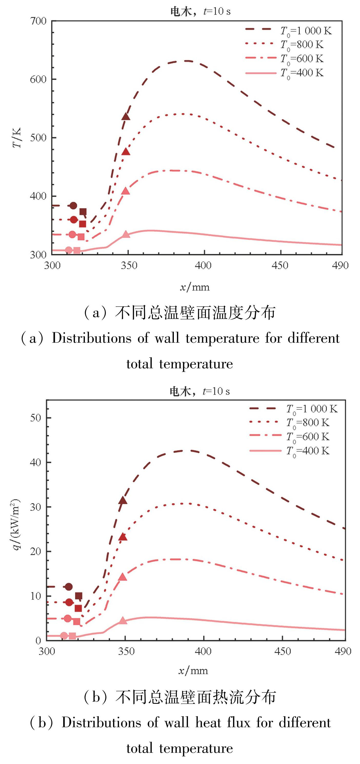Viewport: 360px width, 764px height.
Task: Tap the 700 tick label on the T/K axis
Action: point(38,21)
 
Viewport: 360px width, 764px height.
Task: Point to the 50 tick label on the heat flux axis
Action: point(35,418)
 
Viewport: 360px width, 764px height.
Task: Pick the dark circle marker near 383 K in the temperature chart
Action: point(73,206)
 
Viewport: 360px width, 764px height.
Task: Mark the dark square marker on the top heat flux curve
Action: point(78,596)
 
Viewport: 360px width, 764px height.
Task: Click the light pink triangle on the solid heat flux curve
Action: point(123,620)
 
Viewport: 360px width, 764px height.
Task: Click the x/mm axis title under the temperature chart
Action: point(195,287)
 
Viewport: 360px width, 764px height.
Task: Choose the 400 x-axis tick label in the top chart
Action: point(203,265)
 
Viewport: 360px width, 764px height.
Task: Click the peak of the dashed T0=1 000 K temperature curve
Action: point(185,61)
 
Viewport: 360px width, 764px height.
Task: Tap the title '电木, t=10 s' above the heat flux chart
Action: point(199,391)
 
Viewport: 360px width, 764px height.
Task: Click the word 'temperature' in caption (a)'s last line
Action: point(196,364)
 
